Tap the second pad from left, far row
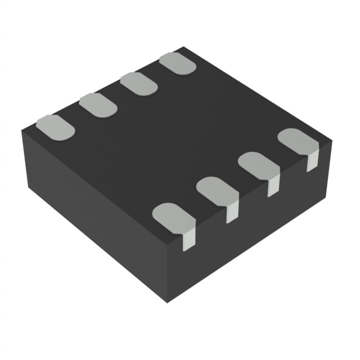(x=98, y=105)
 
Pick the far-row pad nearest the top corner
(x=177, y=63)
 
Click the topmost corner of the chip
(x=184, y=48)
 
